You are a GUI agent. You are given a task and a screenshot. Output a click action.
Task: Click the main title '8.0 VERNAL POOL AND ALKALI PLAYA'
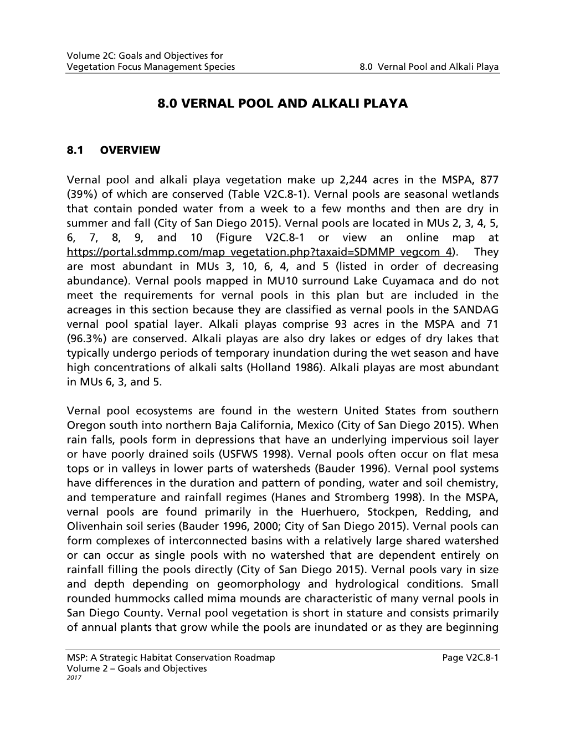pos(282,104)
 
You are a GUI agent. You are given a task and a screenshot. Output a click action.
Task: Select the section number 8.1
pos(74,150)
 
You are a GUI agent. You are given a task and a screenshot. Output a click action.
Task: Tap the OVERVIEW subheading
pos(130,150)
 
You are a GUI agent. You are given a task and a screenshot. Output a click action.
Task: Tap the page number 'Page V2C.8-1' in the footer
pos(471,657)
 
